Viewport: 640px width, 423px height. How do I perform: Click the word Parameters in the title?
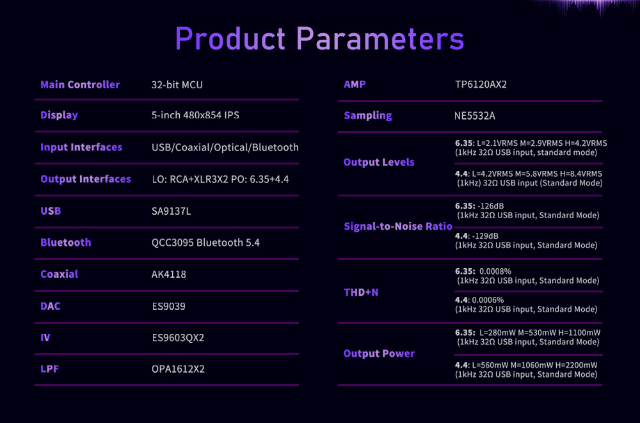point(380,39)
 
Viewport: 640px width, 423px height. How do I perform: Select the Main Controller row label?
point(80,84)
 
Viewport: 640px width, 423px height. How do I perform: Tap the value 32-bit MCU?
point(177,84)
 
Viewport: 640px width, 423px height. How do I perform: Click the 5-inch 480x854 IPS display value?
point(195,115)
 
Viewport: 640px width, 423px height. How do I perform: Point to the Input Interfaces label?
point(81,147)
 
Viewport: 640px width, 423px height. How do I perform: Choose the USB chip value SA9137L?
point(171,211)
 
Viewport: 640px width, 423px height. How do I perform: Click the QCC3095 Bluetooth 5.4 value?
point(205,243)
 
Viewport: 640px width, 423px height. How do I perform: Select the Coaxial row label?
point(59,274)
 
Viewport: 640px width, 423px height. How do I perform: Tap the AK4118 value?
point(168,274)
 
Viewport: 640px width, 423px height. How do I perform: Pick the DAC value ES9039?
point(168,307)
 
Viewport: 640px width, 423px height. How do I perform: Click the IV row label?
point(45,338)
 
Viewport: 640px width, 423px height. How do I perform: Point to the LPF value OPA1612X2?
point(178,369)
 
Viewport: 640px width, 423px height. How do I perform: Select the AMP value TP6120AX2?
point(481,84)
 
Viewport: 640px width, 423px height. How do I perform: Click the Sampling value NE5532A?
point(475,116)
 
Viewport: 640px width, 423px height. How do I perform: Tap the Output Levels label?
point(379,162)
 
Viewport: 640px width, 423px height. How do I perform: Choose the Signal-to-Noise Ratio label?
point(398,226)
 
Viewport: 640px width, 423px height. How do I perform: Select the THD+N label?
point(361,292)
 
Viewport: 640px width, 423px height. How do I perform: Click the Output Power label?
point(379,354)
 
